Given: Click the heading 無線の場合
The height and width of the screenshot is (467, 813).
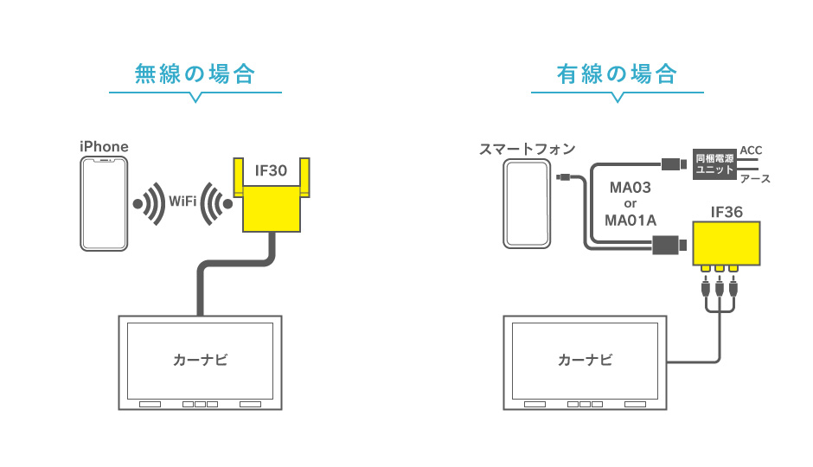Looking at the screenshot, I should (x=195, y=74).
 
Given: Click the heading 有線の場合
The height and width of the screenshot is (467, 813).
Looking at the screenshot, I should (x=616, y=74).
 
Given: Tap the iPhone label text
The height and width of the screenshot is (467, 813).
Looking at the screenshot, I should (x=104, y=146).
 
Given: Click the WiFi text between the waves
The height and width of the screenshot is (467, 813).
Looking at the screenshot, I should (x=182, y=202).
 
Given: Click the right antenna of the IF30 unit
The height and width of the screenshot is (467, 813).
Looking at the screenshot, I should (x=307, y=178).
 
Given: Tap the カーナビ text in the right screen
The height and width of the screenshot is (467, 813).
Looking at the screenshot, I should (x=586, y=359).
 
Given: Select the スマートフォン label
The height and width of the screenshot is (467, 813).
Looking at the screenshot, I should (x=528, y=149).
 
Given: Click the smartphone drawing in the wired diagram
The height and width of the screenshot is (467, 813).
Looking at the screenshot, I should (x=528, y=206).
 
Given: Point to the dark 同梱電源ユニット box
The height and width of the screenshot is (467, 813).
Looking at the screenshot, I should (x=714, y=164).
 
